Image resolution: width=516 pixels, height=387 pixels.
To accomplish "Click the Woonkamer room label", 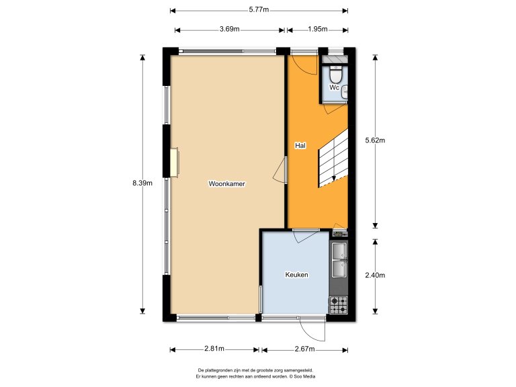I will [226, 183].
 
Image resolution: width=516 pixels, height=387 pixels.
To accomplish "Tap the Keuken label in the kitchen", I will [296, 274].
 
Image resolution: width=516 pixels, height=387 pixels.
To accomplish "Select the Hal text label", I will [300, 145].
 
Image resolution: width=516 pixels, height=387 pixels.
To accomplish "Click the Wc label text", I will [334, 87].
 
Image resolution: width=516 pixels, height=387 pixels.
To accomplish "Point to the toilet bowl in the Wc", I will [336, 74].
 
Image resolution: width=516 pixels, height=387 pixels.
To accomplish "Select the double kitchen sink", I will [339, 259].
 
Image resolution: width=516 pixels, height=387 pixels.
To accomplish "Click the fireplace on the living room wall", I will [174, 163].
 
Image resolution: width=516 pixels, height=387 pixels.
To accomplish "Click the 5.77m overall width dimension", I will [258, 9].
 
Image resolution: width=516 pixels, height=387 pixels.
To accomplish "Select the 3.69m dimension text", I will [229, 29].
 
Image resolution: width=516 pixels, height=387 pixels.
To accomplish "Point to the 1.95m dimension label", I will [317, 29].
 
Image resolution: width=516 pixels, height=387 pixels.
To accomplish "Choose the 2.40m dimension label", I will [374, 275].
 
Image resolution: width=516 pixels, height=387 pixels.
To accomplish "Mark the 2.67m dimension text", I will [305, 349].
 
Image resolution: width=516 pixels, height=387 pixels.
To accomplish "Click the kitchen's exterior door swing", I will [312, 329].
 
